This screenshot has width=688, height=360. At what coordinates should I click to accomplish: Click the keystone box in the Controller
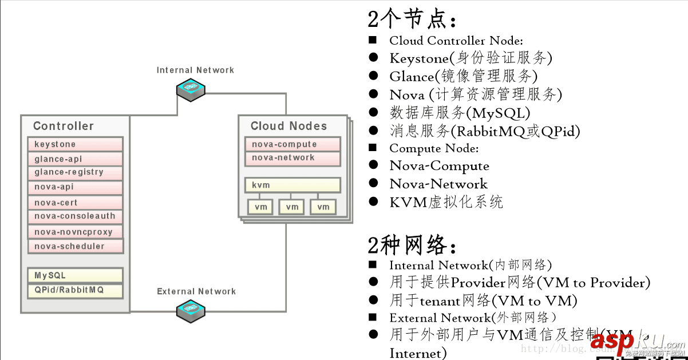tap(75, 144)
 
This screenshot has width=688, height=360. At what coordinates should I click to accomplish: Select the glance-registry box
tap(75, 172)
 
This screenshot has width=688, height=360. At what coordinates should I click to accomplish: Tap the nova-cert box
tap(75, 203)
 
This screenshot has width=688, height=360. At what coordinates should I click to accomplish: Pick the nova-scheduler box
tap(75, 247)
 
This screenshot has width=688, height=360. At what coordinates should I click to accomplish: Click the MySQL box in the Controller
tap(75, 275)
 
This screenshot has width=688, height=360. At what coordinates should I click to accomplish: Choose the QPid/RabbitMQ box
tap(75, 290)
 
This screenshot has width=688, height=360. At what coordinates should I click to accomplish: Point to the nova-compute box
tap(292, 144)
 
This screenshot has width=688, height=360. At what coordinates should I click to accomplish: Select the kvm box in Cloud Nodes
tap(292, 185)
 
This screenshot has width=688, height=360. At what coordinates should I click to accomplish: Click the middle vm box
tap(292, 207)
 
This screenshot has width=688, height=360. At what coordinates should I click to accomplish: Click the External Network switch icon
tap(191, 310)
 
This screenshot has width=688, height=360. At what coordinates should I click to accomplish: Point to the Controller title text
tap(63, 126)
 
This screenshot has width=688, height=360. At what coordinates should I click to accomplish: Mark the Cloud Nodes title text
tap(288, 126)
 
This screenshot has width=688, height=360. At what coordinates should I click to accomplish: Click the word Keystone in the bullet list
tap(419, 58)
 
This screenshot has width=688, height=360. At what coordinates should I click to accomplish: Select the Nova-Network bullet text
tap(438, 184)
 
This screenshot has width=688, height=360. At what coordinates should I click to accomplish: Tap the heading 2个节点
tap(412, 20)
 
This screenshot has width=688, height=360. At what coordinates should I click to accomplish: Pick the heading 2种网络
tap(412, 246)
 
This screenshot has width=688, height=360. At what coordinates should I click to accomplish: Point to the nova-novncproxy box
tap(75, 232)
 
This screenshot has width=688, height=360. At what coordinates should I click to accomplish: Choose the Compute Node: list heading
tap(434, 148)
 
